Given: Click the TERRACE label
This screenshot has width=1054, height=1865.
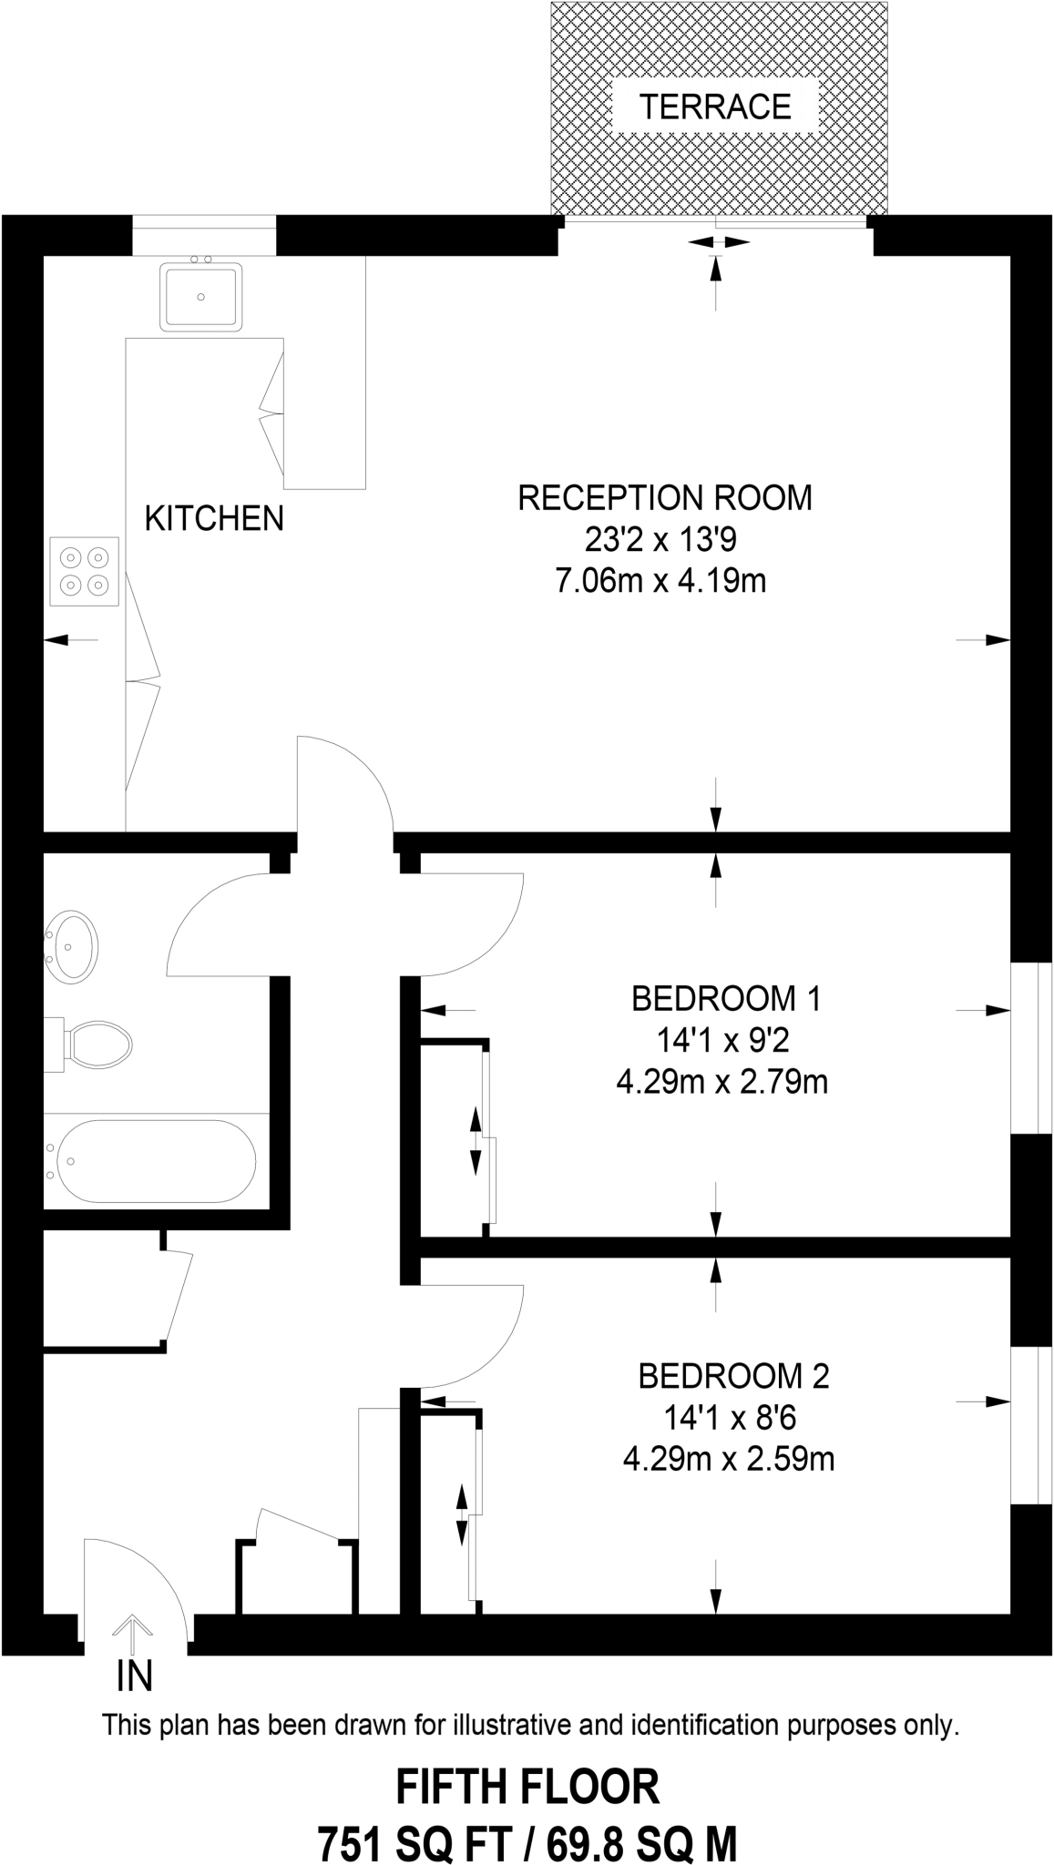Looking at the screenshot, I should pos(715,107).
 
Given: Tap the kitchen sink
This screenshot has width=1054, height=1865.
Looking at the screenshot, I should pos(201,295).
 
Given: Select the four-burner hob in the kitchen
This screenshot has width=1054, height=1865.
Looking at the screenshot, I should pos(84,571).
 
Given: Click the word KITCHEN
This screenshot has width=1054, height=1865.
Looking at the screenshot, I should pos(214,518).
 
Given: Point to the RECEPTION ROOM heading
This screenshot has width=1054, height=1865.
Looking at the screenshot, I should pos(665,498).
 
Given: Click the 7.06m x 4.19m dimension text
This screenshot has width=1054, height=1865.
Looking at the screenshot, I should pos(660,581).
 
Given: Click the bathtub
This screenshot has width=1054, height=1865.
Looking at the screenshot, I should pos(156,1161).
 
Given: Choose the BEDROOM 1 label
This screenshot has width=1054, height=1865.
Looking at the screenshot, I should pos(726,999).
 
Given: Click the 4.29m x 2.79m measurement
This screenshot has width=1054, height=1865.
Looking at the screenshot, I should pos(722,1083).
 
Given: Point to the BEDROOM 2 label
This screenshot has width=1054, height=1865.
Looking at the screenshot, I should pos(733,1376).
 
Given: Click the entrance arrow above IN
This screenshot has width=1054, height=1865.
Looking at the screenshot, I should pos(134,1635).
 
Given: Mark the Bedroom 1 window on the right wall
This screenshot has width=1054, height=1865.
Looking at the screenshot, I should pos(1026,1047).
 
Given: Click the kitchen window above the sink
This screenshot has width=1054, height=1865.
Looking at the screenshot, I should pos(204,236).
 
